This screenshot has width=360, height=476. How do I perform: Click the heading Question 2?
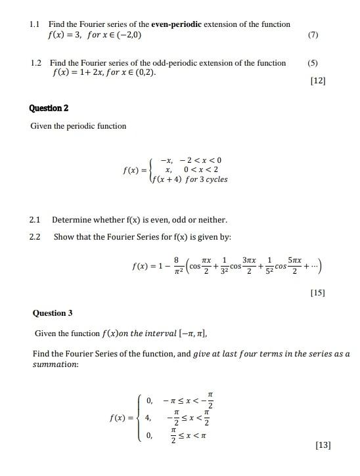49,108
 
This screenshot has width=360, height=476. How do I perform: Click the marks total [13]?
322,445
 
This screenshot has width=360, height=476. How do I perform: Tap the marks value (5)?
312,63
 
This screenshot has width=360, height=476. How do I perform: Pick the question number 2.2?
35,236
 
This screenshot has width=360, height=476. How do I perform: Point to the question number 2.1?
35,219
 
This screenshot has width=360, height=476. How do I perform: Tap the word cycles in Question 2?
216,179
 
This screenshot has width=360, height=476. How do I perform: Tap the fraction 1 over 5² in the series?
269,266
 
